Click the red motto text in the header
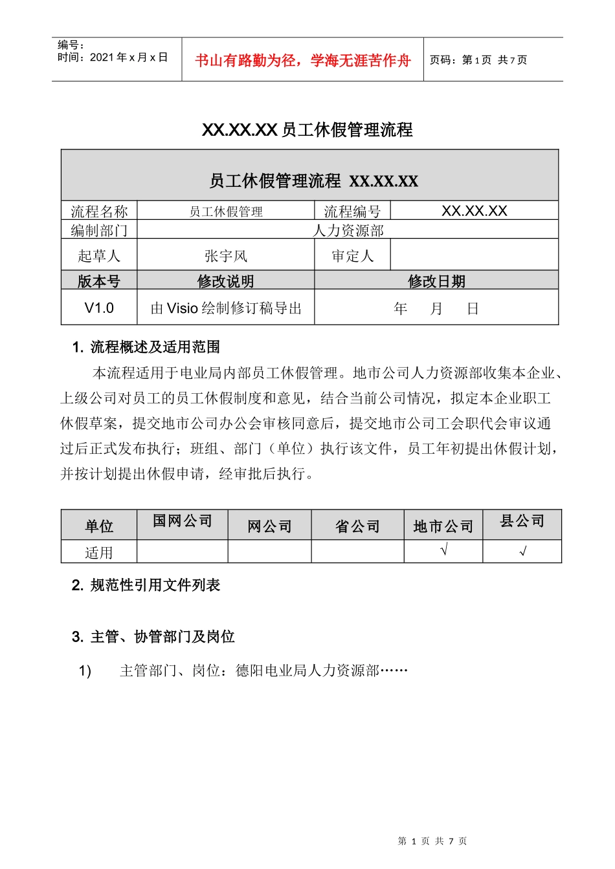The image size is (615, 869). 303,60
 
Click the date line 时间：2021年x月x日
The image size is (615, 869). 113,58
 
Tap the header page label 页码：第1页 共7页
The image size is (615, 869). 478,60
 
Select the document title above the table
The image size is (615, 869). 307,130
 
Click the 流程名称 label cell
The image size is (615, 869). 99,211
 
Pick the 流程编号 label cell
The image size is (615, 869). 352,211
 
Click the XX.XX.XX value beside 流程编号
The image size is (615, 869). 474,211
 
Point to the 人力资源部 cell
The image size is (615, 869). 348,230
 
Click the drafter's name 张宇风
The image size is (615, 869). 225,256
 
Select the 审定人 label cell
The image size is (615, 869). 352,256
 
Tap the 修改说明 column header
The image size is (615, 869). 225,281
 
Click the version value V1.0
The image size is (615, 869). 99,308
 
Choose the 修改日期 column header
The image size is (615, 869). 436,281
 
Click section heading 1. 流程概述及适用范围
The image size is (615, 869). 146,347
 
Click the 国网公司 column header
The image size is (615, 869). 183,521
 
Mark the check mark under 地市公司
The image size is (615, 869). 443,551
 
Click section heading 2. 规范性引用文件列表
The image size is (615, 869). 146,585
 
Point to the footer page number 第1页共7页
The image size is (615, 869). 432,841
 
